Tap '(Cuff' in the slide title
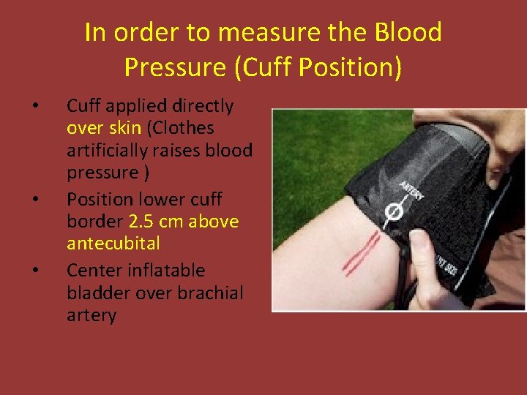(265, 67)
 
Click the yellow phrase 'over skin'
(103, 128)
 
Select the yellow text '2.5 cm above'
(184, 221)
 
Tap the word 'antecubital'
(113, 242)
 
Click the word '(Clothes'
(180, 128)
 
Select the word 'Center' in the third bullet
(93, 271)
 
